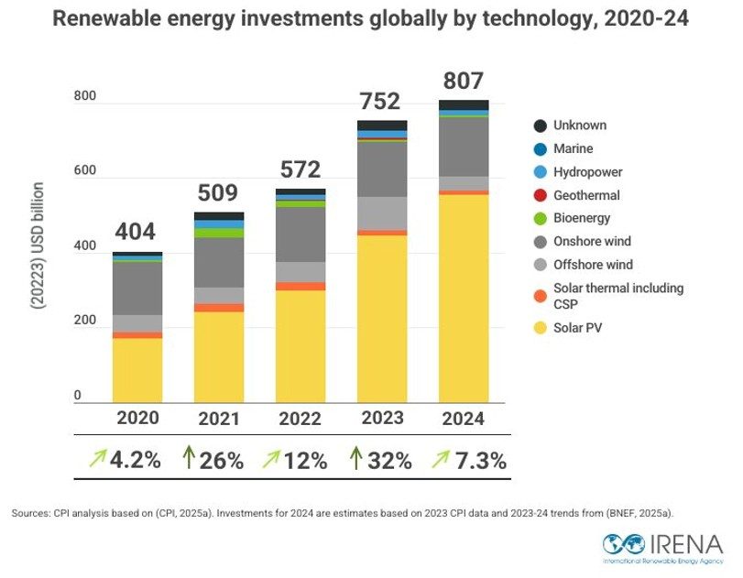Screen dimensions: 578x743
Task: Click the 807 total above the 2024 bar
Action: (x=463, y=81)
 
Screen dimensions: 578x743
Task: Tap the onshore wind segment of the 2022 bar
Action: (x=300, y=234)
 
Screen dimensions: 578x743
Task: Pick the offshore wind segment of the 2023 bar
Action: (x=382, y=213)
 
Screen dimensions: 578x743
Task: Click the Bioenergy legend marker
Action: (x=540, y=219)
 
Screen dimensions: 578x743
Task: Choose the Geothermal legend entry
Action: (x=585, y=195)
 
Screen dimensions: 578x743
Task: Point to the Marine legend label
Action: (x=574, y=148)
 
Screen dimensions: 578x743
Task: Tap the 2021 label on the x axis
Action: (x=219, y=419)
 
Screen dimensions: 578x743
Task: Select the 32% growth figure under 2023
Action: (x=389, y=461)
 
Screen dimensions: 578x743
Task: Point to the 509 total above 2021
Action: (x=218, y=193)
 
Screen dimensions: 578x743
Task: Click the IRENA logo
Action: (x=662, y=547)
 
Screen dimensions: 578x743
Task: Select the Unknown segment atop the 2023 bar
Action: (x=382, y=125)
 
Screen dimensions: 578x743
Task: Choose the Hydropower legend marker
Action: (x=540, y=172)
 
